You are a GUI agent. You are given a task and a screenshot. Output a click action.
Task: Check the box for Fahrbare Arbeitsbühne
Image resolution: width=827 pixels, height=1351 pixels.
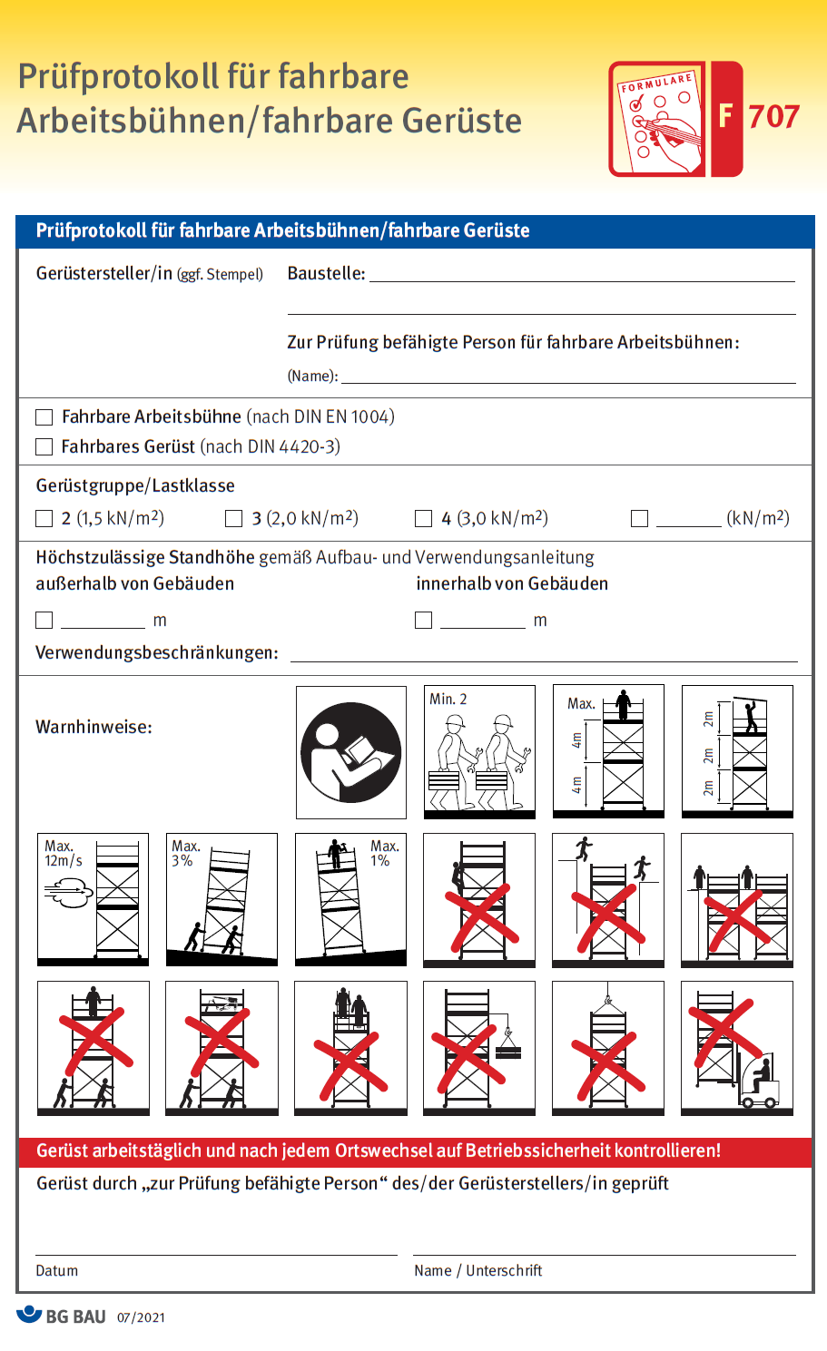tap(44, 417)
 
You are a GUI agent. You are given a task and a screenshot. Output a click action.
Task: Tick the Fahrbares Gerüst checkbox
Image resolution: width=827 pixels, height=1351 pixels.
tap(44, 446)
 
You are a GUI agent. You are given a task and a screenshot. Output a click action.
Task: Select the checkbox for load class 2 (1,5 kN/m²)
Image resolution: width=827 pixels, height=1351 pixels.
tap(44, 519)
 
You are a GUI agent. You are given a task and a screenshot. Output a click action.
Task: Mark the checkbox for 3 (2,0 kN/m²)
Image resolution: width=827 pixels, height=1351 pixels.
tap(233, 519)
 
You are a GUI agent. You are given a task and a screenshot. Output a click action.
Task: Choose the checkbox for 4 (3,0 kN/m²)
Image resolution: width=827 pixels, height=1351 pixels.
tap(423, 519)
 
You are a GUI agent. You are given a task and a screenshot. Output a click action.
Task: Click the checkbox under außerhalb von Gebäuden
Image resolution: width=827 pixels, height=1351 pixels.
tap(44, 620)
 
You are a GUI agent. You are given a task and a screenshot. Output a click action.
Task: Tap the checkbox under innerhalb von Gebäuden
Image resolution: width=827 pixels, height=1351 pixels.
tap(423, 620)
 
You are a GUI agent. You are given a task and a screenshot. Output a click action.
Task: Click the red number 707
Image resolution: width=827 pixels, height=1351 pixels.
tap(773, 117)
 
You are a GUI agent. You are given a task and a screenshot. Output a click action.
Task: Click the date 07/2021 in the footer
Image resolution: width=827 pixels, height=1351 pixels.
tap(141, 1317)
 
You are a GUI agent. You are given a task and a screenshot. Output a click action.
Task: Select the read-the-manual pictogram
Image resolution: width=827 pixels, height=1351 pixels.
tap(350, 752)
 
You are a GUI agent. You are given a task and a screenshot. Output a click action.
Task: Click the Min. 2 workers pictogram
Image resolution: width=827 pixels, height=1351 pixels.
tap(479, 752)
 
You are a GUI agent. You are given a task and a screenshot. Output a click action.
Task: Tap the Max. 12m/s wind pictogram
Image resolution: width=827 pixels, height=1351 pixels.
tap(93, 899)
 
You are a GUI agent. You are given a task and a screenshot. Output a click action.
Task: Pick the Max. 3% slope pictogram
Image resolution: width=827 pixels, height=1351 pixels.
tap(222, 899)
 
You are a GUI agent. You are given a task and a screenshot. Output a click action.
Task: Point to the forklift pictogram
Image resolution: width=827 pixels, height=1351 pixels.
tap(736, 1048)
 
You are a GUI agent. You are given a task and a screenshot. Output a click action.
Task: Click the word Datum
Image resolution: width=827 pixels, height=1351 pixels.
tap(56, 1270)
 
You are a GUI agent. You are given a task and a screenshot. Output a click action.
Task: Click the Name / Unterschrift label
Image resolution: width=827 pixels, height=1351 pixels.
tap(477, 1270)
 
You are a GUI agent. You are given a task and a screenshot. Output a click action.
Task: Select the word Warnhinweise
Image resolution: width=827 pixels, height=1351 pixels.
tap(94, 727)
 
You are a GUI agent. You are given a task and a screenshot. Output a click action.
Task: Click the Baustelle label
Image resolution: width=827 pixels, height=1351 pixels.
tap(326, 273)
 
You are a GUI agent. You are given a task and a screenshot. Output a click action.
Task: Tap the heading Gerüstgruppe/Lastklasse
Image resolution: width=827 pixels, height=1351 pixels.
tap(135, 485)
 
